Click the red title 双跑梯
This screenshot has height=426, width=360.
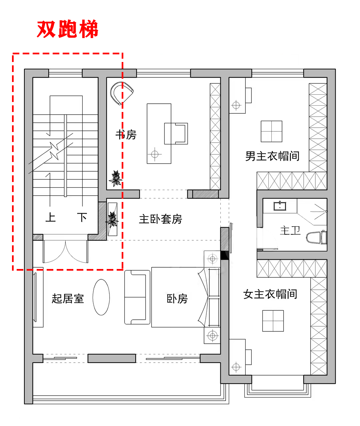click(68, 29)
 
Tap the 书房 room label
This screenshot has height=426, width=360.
click(126, 135)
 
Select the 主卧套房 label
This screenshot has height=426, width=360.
click(160, 219)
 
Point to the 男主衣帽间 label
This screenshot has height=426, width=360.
click(272, 156)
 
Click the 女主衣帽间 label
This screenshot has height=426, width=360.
click(270, 294)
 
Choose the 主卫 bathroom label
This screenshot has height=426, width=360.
click(290, 231)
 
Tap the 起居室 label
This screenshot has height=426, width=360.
click(68, 299)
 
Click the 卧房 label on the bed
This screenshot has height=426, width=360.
click(177, 299)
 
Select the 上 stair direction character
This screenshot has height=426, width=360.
click(50, 217)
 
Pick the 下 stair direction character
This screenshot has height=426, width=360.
click(82, 217)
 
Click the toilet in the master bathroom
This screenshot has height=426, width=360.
click(316, 237)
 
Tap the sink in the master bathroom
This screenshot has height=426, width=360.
click(280, 206)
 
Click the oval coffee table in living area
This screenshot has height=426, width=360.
click(101, 297)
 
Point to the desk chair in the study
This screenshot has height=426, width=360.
click(176, 134)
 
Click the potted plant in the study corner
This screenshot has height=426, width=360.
click(116, 178)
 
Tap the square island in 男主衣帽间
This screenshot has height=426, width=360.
click(271, 131)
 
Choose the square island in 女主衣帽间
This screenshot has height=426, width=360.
click(273, 321)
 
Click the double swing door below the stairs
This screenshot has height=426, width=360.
click(65, 251)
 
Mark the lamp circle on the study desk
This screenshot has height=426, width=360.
click(155, 154)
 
